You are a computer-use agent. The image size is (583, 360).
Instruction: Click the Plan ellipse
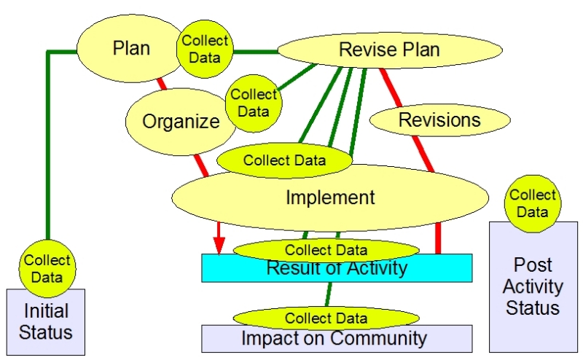[x=128, y=48]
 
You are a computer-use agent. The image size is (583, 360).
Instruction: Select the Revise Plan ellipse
[x=390, y=50]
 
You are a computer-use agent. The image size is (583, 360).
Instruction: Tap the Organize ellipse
[x=180, y=122]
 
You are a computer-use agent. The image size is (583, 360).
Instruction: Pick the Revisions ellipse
[x=439, y=120]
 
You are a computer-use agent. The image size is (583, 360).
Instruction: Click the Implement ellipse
[x=330, y=197]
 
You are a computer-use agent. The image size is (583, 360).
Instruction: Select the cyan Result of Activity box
[x=337, y=268]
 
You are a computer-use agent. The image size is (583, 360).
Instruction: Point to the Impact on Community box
[x=337, y=339]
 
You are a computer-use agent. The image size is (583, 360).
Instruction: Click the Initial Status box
[x=46, y=322]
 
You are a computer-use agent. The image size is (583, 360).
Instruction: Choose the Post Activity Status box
[x=533, y=287]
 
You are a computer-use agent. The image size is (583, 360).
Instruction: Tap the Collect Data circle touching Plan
[x=205, y=49]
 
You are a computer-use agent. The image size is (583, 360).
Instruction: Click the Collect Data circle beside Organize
[x=254, y=103]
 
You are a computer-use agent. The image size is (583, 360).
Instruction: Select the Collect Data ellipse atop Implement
[x=284, y=160]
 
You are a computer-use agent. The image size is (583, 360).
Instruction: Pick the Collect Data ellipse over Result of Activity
[x=326, y=250]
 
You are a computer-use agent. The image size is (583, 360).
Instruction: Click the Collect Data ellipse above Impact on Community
[x=326, y=318]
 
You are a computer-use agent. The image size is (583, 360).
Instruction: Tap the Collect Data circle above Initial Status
[x=47, y=268]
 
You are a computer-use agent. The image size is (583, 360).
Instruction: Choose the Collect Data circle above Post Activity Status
[x=533, y=204]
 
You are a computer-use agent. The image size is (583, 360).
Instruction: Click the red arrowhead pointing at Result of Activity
[x=219, y=246]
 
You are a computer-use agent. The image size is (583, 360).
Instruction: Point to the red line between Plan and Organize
[x=161, y=84]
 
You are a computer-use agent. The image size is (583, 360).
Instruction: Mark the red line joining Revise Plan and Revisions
[x=391, y=87]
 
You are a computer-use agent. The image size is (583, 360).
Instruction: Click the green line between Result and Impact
[x=329, y=294]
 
